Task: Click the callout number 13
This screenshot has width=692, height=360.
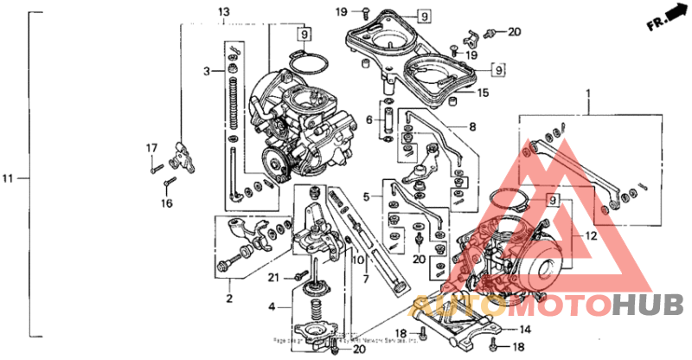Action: pyautogui.click(x=223, y=12)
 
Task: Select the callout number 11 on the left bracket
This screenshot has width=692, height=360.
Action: pyautogui.click(x=8, y=179)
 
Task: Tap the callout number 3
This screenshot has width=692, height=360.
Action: pyautogui.click(x=208, y=70)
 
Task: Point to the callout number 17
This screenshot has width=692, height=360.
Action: pyautogui.click(x=150, y=147)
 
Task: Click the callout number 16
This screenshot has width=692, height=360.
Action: pyautogui.click(x=167, y=203)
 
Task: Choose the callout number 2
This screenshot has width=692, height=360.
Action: pyautogui.click(x=229, y=299)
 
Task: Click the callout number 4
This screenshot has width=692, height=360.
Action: pyautogui.click(x=272, y=306)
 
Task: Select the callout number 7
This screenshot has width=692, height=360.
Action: pyautogui.click(x=365, y=279)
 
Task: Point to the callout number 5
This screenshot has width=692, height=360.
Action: pyautogui.click(x=368, y=197)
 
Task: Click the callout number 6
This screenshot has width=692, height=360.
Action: pyautogui.click(x=368, y=119)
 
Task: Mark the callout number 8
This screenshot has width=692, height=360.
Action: pyautogui.click(x=472, y=126)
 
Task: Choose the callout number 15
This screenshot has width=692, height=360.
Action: pyautogui.click(x=484, y=93)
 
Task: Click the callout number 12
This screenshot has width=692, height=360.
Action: pyautogui.click(x=591, y=235)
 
